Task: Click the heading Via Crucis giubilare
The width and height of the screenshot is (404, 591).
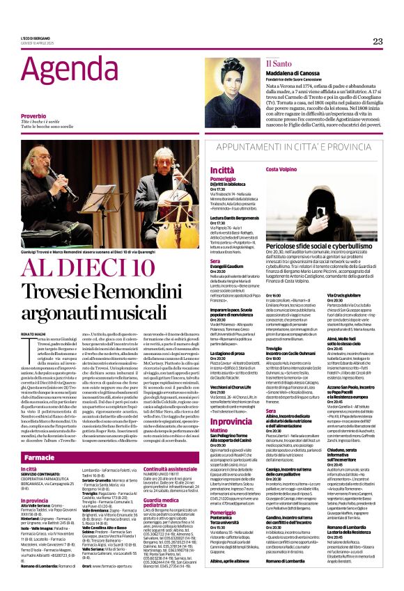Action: tap(344, 295)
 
